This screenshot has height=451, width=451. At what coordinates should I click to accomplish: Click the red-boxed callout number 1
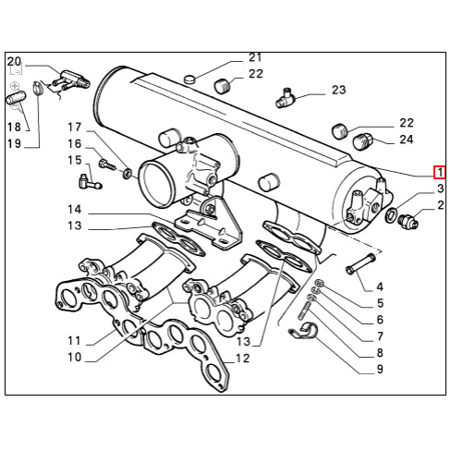pos(440,173)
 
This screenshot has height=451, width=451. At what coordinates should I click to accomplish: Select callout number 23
pos(339,90)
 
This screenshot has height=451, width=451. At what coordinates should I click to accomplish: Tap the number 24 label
pos(407,140)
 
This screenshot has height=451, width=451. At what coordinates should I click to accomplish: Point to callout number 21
pos(255,57)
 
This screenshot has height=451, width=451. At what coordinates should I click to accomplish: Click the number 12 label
pos(243,359)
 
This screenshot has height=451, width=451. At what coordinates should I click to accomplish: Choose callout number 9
pos(380,369)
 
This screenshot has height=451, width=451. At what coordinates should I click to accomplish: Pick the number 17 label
pos(75,127)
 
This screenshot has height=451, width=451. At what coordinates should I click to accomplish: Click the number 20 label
pos(14,62)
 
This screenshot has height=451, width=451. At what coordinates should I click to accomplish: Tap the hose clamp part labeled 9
pos(303,331)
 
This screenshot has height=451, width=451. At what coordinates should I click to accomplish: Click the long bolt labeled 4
pos(360,263)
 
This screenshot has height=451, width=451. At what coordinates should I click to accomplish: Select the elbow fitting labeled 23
pos(286,98)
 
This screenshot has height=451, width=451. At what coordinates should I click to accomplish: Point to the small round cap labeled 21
pos(190,79)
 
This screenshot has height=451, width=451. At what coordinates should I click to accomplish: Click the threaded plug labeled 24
pos(362,142)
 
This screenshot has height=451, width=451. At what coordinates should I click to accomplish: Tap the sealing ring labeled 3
pos(391,214)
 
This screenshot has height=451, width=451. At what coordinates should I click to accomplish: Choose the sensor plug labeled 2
pos(408,223)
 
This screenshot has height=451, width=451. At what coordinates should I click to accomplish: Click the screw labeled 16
pos(106,165)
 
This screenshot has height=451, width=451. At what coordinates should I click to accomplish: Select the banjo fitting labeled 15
pos(90,182)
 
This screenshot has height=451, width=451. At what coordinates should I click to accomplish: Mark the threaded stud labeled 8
pos(304,311)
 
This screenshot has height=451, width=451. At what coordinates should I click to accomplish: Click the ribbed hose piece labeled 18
pos(17,97)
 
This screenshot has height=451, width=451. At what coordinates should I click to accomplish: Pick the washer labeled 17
pos(128,174)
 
